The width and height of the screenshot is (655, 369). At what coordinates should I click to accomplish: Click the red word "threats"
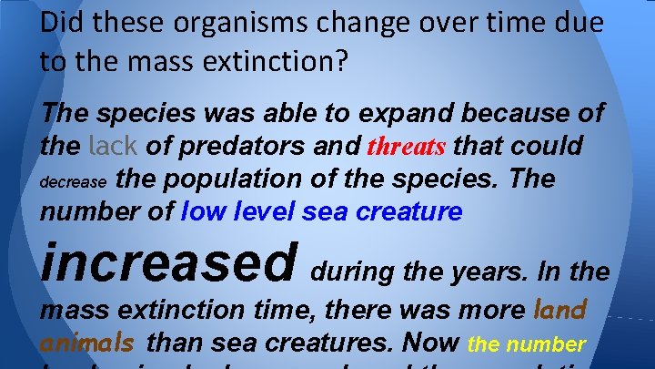(x=407, y=147)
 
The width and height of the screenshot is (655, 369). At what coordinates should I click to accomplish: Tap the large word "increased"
(x=168, y=261)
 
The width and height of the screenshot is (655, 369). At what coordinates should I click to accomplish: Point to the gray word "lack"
(x=114, y=146)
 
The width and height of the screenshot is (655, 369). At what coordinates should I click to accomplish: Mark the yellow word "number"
(x=550, y=344)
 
